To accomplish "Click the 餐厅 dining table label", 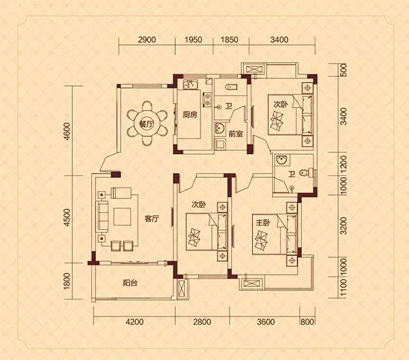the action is pyautogui.click(x=147, y=125).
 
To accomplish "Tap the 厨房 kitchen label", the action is pyautogui.click(x=190, y=115).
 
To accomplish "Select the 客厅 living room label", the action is pyautogui.click(x=152, y=219).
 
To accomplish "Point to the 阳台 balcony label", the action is pyautogui.click(x=130, y=283).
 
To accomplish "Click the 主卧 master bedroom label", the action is pyautogui.click(x=263, y=223).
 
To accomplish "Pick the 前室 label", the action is pyautogui.click(x=236, y=134).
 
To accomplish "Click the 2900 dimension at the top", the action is pyautogui.click(x=147, y=40).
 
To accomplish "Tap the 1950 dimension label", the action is pyautogui.click(x=194, y=40).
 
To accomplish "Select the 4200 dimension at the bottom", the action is pyautogui.click(x=134, y=322).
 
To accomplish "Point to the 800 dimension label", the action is pyautogui.click(x=307, y=322).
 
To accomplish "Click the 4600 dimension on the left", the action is pyautogui.click(x=67, y=131).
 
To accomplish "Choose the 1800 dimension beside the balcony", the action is pyautogui.click(x=67, y=281).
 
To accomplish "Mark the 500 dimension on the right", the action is pyautogui.click(x=344, y=70).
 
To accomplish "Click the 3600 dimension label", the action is pyautogui.click(x=266, y=322).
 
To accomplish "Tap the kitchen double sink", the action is pyautogui.click(x=191, y=85).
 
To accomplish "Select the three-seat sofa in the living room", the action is pyautogui.click(x=103, y=216).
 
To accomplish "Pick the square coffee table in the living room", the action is pyautogui.click(x=122, y=217).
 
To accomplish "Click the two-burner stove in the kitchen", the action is pyautogui.click(x=207, y=100).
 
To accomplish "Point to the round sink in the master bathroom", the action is pyautogui.click(x=282, y=160).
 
